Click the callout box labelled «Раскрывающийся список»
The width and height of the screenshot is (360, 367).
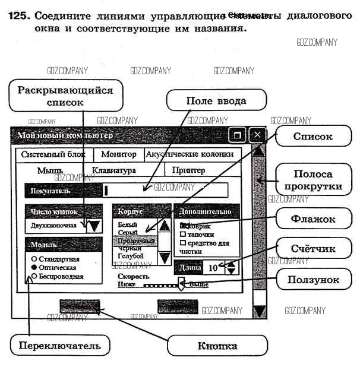coord(65,96)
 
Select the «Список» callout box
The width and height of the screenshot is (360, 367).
coord(312,136)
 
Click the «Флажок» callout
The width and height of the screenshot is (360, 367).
coord(312,219)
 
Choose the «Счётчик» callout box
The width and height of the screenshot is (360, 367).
coord(313,249)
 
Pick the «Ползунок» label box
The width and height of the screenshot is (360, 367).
coord(313,279)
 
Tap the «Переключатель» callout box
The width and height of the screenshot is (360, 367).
coord(55,345)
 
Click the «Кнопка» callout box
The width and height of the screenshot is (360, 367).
coord(217,346)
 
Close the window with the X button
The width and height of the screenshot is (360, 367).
coord(257,135)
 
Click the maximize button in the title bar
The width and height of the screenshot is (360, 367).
coord(237,135)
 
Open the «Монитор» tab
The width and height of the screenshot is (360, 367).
coord(119,154)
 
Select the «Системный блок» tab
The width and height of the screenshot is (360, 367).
coord(53,154)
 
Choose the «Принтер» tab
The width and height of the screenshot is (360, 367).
coord(188,170)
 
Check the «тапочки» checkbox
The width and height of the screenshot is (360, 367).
coord(183,235)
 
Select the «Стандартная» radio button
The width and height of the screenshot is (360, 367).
coord(34,260)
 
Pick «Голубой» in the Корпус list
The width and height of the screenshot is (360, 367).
coord(131,256)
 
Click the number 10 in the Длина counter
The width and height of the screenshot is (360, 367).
coord(213,267)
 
